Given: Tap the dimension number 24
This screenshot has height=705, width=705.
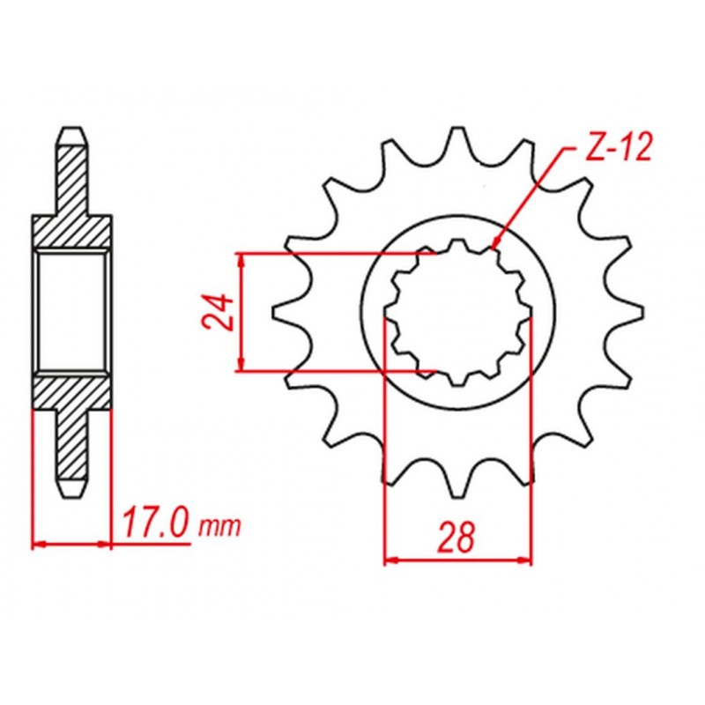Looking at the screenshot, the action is coord(219,313).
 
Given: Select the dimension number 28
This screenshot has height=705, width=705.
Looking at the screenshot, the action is coord(456,538).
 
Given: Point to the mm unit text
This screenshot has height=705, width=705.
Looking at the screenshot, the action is coord(219,526).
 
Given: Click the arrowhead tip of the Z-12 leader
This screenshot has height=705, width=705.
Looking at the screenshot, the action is coord(493,249).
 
